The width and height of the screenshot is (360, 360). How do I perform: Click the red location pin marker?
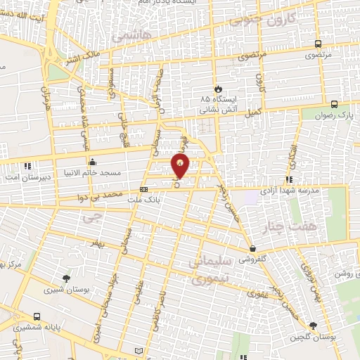pyautogui.click(x=181, y=167)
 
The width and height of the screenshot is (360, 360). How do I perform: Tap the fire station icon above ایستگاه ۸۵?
pyautogui.click(x=219, y=89)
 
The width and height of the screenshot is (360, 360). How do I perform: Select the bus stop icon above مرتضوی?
pyautogui.click(x=320, y=43)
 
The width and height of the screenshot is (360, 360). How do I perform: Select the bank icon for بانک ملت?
pyautogui.click(x=143, y=189)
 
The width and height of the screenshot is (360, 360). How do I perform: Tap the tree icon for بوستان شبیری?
pyautogui.click(x=66, y=278)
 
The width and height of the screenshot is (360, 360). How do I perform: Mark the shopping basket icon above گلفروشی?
pyautogui.click(x=252, y=248)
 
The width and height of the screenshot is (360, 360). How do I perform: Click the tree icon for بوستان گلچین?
pyautogui.click(x=312, y=326)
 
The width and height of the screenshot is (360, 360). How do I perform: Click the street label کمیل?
pyautogui.click(x=252, y=111)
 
